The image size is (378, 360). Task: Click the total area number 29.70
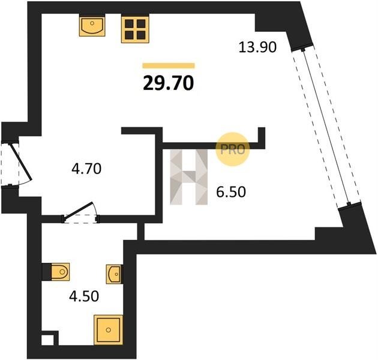168,83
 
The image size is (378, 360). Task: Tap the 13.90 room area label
257,47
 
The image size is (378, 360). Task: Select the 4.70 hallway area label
86,169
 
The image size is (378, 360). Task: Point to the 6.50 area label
231,192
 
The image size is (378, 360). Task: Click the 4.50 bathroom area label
84,296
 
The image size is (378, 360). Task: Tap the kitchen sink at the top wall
92,25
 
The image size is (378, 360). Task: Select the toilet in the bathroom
60,272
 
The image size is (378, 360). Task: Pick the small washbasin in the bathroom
115,274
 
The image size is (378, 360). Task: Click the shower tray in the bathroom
108,329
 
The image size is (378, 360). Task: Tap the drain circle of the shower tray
108,329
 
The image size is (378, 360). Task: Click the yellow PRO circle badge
232,149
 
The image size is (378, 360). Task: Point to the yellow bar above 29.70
169,65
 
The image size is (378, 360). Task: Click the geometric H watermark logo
189,177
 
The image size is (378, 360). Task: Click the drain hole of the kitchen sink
92,23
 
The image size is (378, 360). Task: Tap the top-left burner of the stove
129,23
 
